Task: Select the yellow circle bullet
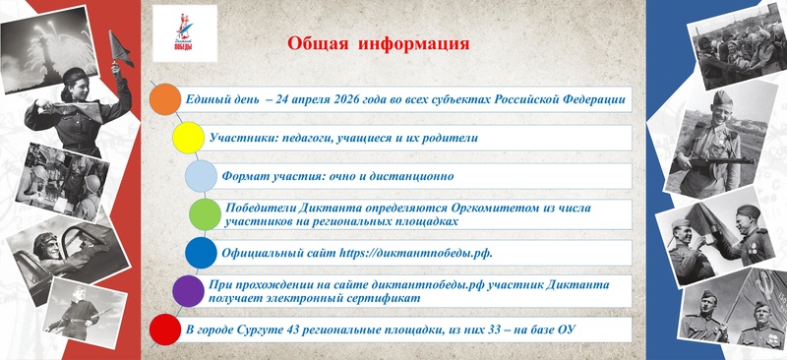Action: tap(188, 138)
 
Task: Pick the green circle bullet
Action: tap(205, 213)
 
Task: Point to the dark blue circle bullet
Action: tap(201, 253)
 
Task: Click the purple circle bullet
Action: tap(188, 290)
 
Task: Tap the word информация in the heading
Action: tap(413, 44)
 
